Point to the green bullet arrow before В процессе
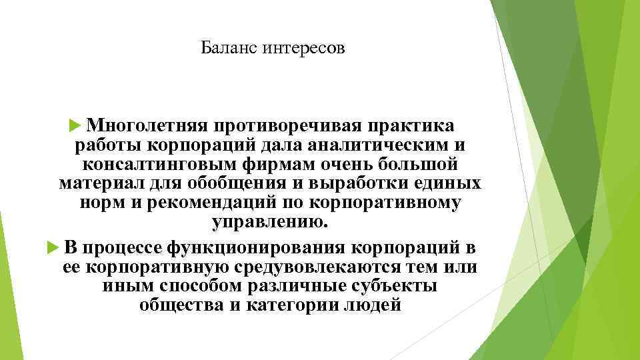pyautogui.click(x=55, y=249)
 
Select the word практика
pyautogui.click(x=413, y=125)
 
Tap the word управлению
pyautogui.click(x=269, y=221)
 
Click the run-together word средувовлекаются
pyautogui.click(x=313, y=268)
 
